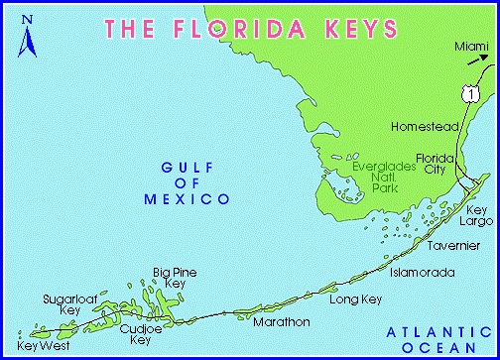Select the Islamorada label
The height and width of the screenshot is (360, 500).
[x=421, y=270]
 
